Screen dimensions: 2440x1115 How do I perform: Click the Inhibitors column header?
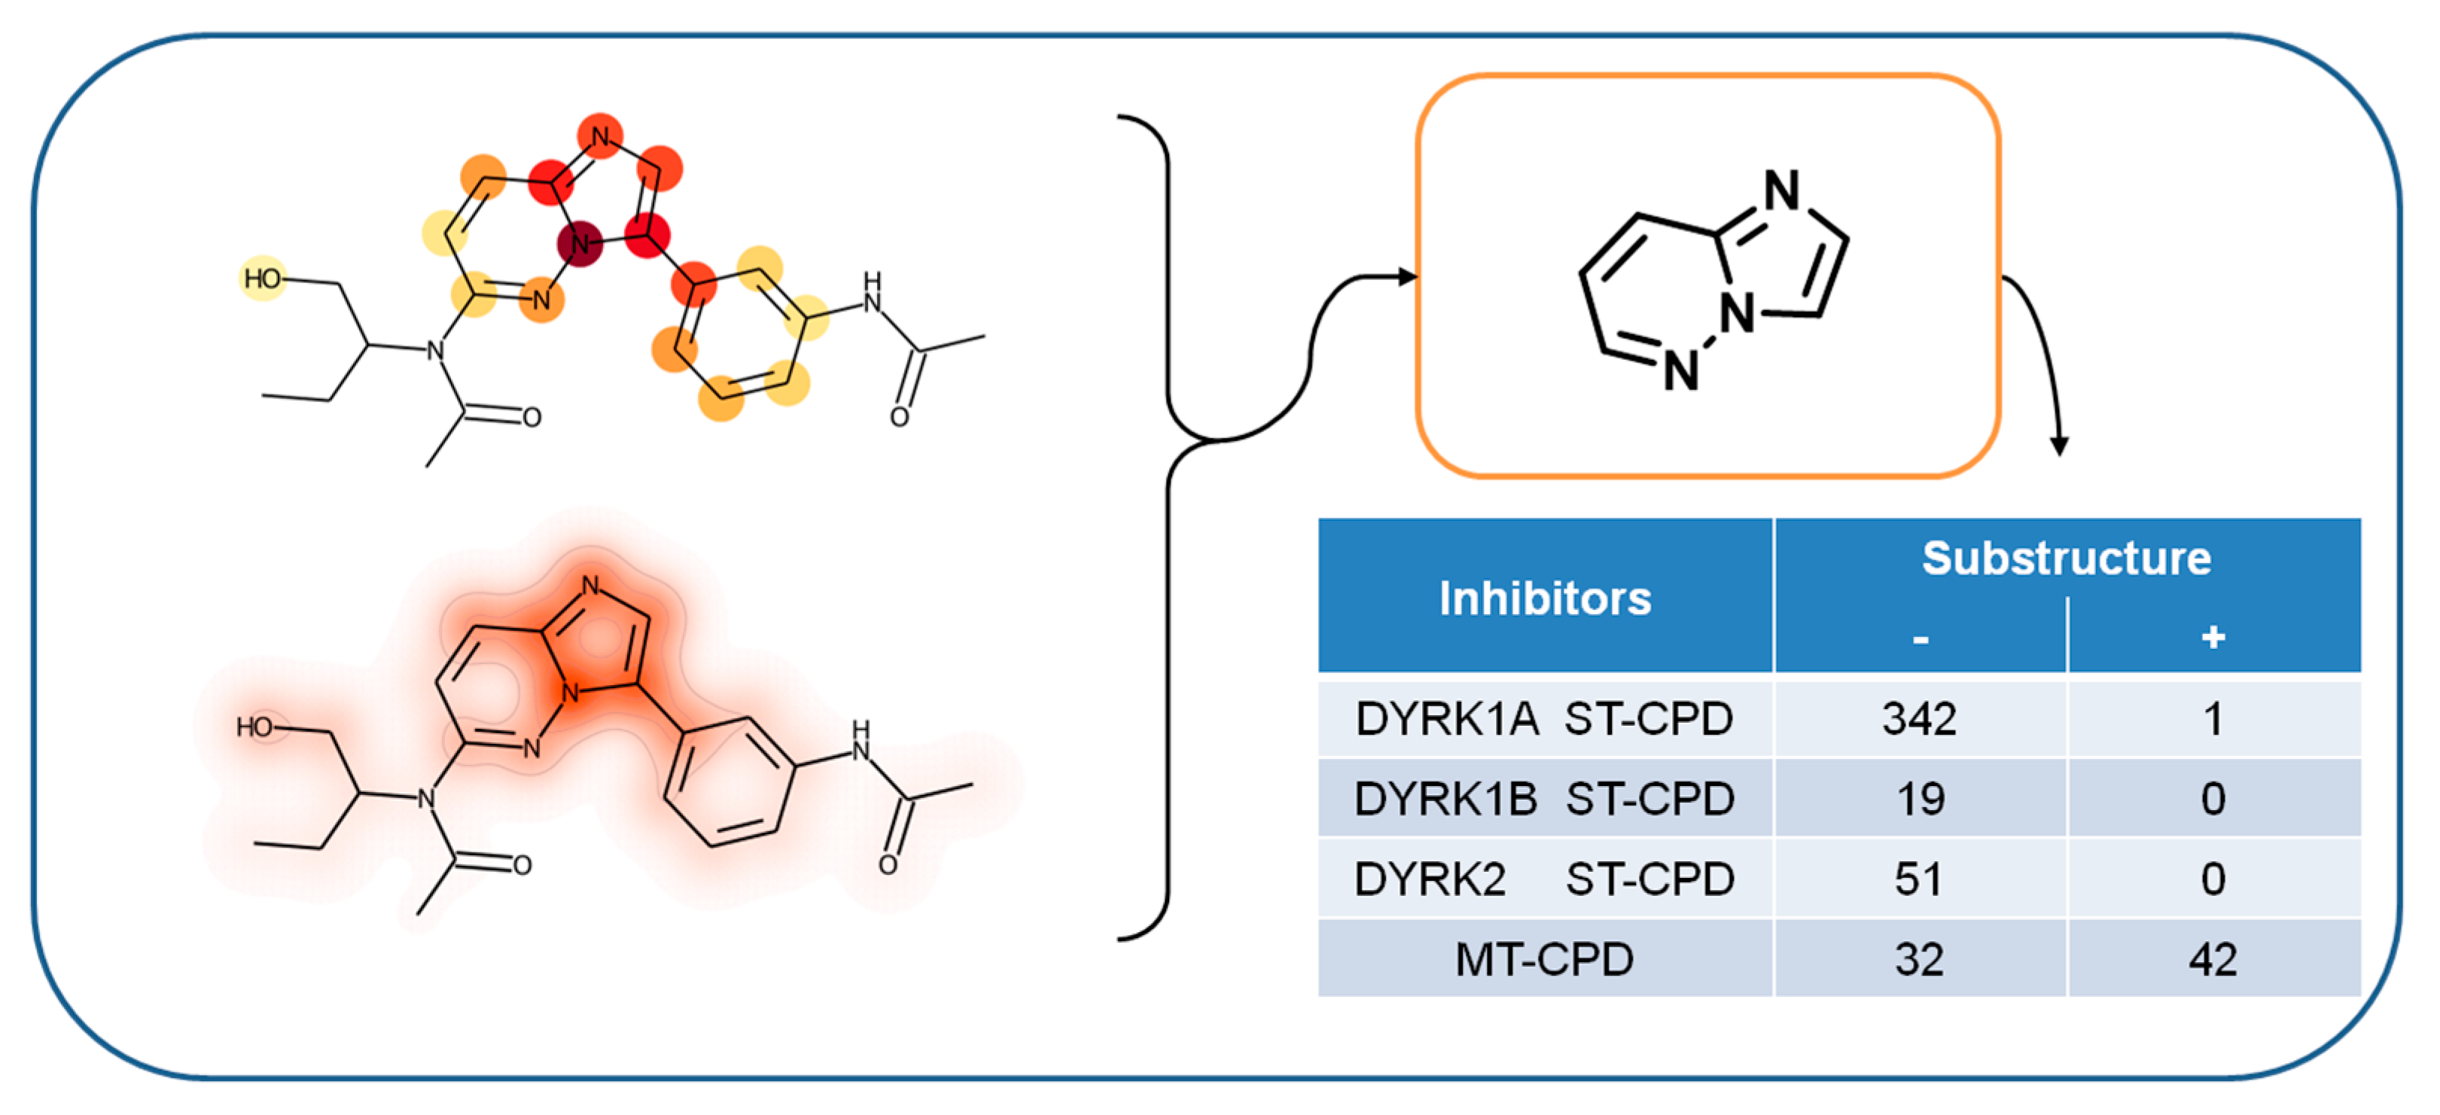tap(1545, 599)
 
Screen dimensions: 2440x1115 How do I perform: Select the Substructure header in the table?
tap(2066, 558)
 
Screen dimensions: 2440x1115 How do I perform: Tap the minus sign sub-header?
tap(1920, 639)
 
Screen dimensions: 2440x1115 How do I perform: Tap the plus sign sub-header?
tap(2213, 637)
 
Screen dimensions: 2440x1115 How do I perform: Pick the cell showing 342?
tap(1919, 719)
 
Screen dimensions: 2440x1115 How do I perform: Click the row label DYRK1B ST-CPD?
tap(1544, 799)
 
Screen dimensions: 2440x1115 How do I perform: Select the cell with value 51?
tap(1919, 879)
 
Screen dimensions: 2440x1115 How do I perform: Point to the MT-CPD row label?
tap(1544, 960)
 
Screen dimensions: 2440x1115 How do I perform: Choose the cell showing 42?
tap(2213, 960)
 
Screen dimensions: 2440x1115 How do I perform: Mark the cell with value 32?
tap(1919, 960)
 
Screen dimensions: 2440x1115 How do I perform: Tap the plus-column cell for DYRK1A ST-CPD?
tap(2213, 719)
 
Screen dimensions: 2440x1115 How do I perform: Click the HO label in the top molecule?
tap(263, 278)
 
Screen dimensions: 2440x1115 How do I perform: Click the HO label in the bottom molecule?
tap(254, 727)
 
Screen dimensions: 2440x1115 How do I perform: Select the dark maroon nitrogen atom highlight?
tap(580, 245)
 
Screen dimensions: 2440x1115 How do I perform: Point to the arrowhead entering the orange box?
tap(1408, 276)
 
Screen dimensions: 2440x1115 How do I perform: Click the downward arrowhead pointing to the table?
tap(2058, 445)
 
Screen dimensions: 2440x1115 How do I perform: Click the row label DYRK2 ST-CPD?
tap(1544, 879)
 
